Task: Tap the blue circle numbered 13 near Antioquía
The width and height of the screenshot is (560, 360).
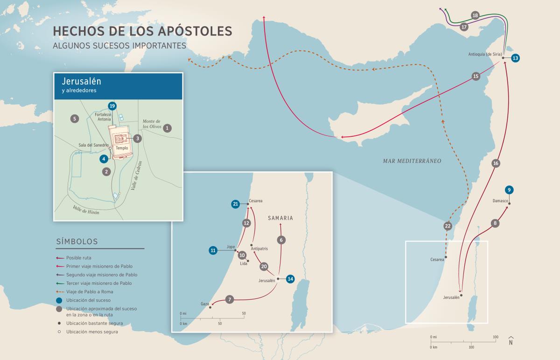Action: click(515, 58)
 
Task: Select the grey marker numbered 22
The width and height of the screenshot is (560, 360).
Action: click(448, 226)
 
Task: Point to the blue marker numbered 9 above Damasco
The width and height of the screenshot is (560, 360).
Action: click(509, 190)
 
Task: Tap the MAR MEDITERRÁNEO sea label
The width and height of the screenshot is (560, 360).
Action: click(412, 161)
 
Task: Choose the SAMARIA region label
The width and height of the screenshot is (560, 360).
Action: click(280, 218)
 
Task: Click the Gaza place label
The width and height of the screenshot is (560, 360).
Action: click(205, 304)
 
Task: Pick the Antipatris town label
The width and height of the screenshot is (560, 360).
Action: click(259, 248)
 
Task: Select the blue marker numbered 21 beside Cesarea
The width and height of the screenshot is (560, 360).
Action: click(236, 204)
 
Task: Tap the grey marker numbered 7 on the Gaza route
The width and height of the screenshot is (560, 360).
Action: click(229, 300)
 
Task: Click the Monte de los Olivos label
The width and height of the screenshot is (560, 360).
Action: click(151, 124)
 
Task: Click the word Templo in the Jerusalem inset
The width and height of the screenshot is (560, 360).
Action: click(122, 148)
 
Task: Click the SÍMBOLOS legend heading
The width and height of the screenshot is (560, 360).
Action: click(77, 242)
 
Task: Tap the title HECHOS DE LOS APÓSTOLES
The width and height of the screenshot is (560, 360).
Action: click(142, 31)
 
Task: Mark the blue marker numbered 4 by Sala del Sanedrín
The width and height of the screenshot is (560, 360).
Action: click(104, 159)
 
